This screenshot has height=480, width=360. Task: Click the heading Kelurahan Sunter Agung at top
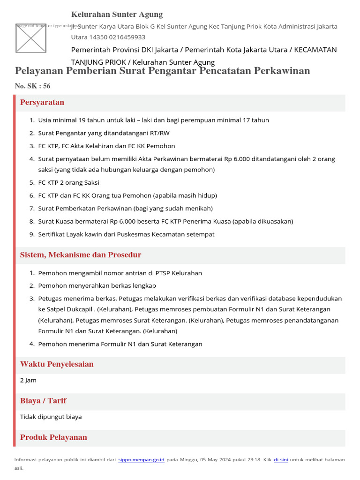coord(117,15)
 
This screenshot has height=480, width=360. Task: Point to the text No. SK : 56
coord(32,86)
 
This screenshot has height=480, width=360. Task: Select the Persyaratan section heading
coord(42,103)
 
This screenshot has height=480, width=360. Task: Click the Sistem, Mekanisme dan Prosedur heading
coord(81,255)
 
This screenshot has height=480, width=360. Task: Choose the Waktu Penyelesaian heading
coord(57,364)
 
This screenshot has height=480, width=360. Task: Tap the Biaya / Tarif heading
coord(43,401)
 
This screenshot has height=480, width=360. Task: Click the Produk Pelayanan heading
coord(53,437)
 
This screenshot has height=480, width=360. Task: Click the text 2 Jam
coord(28,380)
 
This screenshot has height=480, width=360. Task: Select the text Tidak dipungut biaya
coord(51,417)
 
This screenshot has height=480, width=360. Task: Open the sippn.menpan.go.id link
coord(141,460)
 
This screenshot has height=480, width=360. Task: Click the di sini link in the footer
coord(281,460)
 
